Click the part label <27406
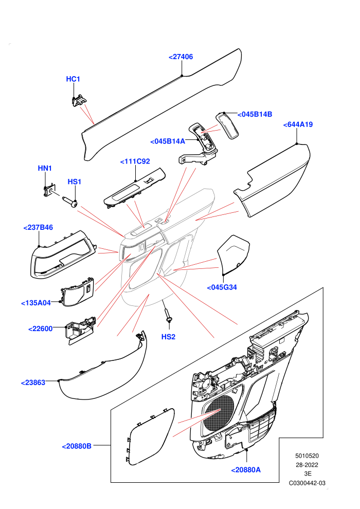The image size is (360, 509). click(x=181, y=57)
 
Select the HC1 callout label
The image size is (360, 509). click(x=73, y=79)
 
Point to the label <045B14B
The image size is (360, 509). click(x=255, y=114)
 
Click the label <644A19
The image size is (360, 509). click(x=298, y=124)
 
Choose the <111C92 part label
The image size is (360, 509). click(x=135, y=161)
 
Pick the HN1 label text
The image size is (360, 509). click(x=45, y=168)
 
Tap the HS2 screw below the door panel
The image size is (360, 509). click(x=168, y=315)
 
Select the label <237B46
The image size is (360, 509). click(x=38, y=228)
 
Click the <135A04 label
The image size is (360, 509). click(x=35, y=303)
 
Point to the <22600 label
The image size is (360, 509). click(x=40, y=329)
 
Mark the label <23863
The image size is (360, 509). click(x=33, y=383)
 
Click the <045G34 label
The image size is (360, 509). click(x=222, y=287)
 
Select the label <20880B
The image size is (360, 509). click(x=77, y=446)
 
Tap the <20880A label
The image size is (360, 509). click(x=246, y=470)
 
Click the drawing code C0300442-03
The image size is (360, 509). click(x=307, y=483)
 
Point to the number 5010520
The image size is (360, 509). click(x=307, y=456)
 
